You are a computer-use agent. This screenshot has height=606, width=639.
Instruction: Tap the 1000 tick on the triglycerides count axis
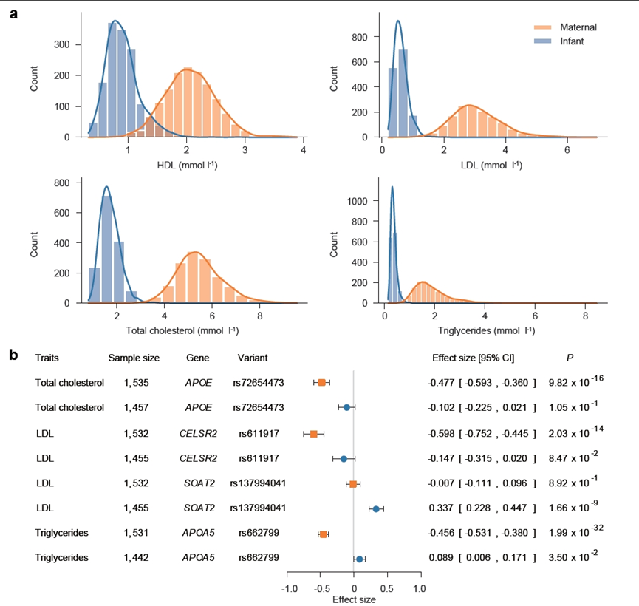(x=364, y=200)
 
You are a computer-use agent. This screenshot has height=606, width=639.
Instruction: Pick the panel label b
(x=13, y=355)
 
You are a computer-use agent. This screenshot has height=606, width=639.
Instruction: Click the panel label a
(x=13, y=14)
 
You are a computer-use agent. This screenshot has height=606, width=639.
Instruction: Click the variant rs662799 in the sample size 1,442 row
(x=258, y=559)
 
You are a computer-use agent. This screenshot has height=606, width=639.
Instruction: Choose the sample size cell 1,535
(x=134, y=383)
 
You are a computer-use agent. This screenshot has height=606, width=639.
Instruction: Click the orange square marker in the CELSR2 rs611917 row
(x=314, y=434)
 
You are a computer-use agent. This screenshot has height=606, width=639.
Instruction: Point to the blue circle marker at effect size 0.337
(x=376, y=509)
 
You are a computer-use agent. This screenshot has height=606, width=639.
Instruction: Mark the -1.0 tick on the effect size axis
(x=290, y=589)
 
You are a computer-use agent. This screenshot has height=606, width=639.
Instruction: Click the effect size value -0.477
(x=441, y=383)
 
